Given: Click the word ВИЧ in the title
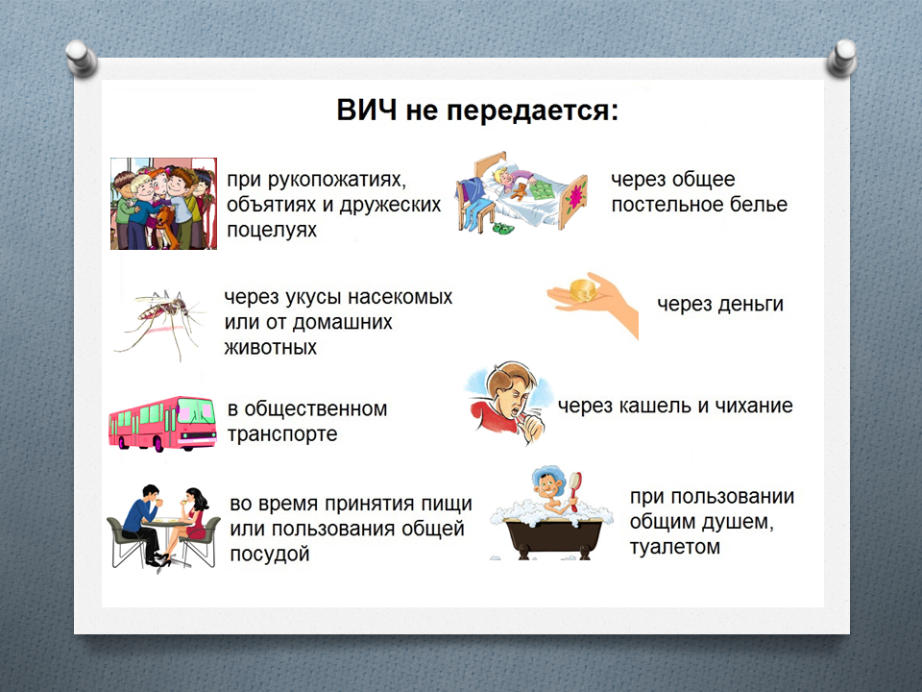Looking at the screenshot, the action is (x=367, y=110).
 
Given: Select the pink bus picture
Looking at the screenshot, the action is (x=162, y=424).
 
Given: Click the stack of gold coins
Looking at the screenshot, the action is (x=585, y=290).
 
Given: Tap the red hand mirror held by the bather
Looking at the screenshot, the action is (x=574, y=489).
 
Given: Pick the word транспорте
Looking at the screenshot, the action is (x=282, y=434).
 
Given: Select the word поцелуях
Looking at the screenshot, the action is (x=272, y=230).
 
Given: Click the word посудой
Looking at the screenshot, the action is (x=269, y=555).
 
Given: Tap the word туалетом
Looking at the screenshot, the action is (x=675, y=547).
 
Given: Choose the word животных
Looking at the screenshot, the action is (x=271, y=348).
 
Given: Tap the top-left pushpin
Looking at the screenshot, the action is (x=81, y=57).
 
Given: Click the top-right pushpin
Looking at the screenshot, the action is (x=842, y=57).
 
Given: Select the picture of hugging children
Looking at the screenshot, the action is (x=163, y=204).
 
